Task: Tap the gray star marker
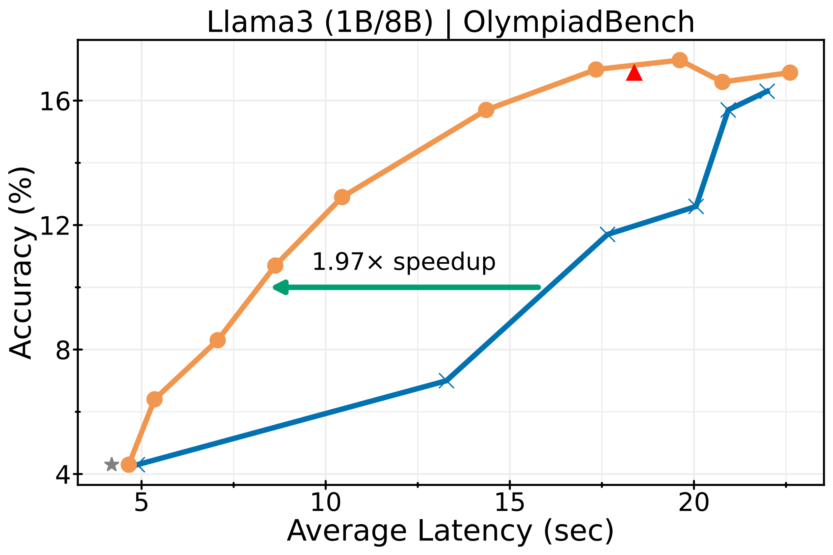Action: [x=111, y=464]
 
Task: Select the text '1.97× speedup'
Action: [x=404, y=262]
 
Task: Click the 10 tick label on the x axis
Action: [x=326, y=503]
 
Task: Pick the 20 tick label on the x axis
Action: [x=693, y=503]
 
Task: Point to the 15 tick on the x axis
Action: [x=510, y=503]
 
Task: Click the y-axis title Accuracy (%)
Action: [x=21, y=262]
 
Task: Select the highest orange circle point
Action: [x=680, y=60]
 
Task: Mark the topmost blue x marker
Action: [x=767, y=91]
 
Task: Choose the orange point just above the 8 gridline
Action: [x=217, y=340]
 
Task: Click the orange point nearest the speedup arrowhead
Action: [x=275, y=265]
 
